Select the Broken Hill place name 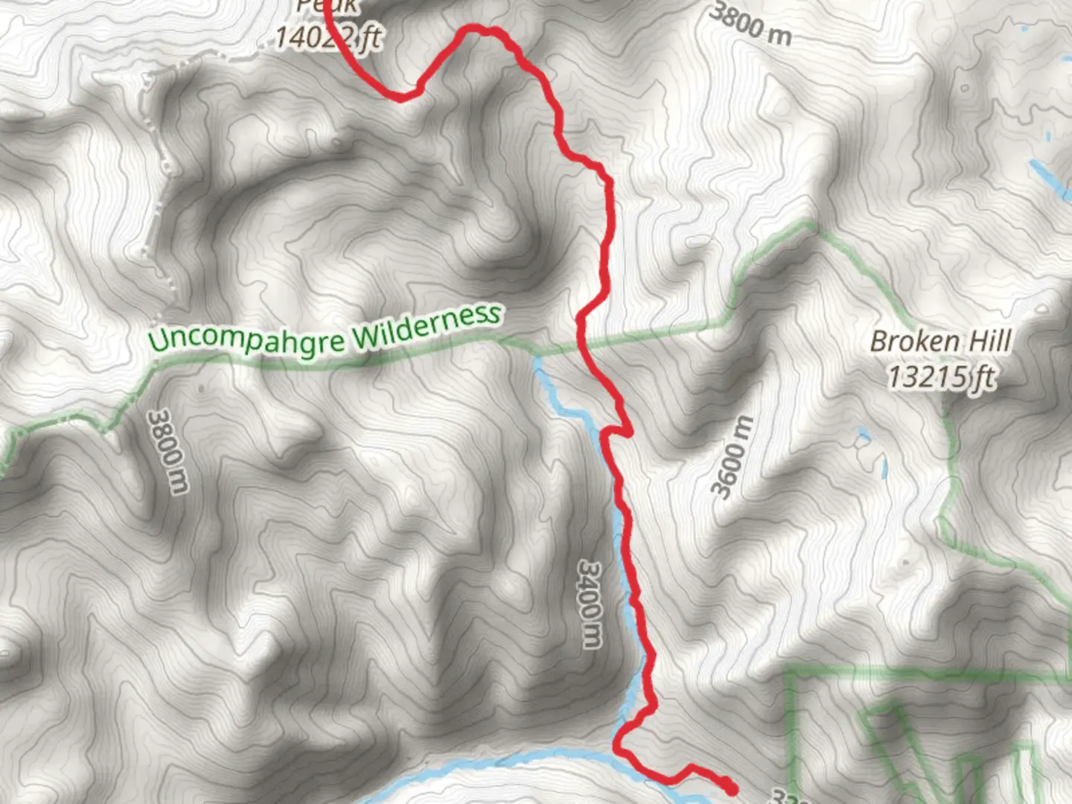point(940,342)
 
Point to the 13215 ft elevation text point(940,377)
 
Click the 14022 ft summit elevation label point(328,36)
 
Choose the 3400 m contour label point(589,604)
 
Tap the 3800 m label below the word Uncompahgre point(167,451)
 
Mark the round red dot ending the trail point(730,788)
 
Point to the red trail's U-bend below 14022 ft point(402,96)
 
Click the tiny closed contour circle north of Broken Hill point(965,88)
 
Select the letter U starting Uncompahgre point(158,340)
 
